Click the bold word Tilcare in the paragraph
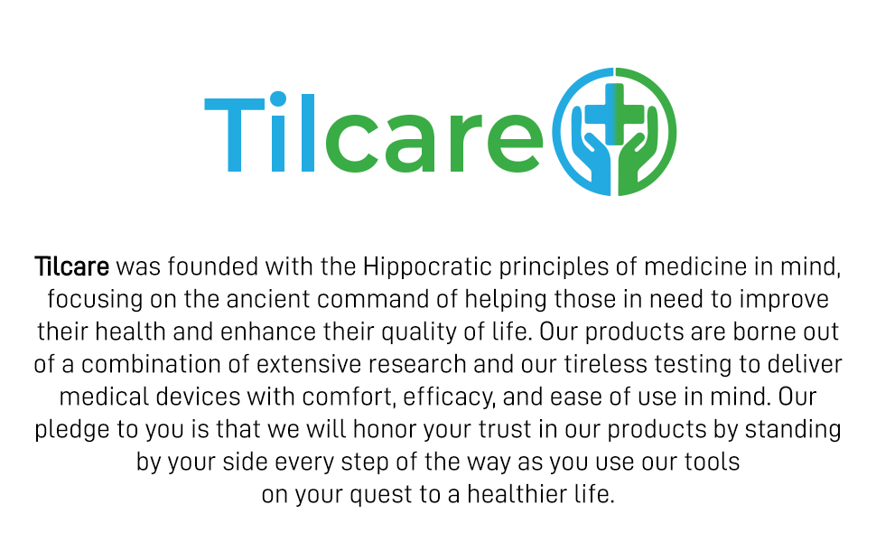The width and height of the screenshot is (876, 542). point(71,266)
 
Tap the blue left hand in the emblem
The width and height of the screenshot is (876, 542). point(592,158)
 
